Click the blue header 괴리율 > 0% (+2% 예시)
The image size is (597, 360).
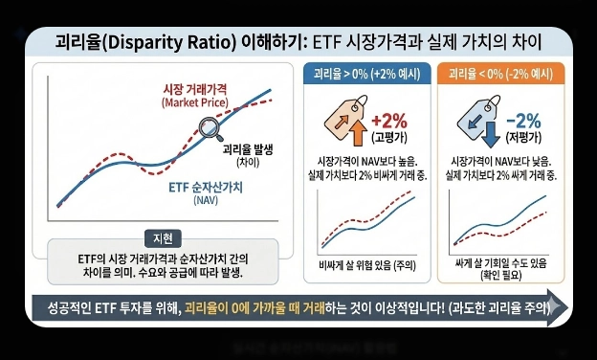364,73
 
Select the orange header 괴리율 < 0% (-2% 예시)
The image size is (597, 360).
496,73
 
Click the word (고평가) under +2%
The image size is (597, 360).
388,137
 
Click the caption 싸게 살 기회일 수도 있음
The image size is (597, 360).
497,261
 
